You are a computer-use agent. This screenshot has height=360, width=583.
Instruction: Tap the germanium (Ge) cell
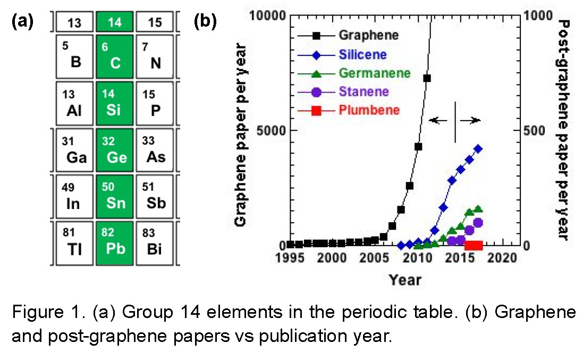pyautogui.click(x=115, y=150)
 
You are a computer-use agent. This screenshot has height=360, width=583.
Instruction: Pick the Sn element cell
pyautogui.click(x=115, y=196)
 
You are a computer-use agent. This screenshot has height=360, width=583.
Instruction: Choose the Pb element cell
pyautogui.click(x=115, y=242)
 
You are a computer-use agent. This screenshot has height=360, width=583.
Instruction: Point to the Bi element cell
pyautogui.click(x=155, y=242)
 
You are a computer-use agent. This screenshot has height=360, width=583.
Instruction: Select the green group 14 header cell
pyautogui.click(x=115, y=22)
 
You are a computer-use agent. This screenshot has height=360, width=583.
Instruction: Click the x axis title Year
pyautogui.click(x=405, y=279)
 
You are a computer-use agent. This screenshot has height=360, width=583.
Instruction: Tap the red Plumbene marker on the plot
pyautogui.click(x=473, y=245)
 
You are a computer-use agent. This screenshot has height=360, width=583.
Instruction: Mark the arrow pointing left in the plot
pyautogui.click(x=438, y=121)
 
